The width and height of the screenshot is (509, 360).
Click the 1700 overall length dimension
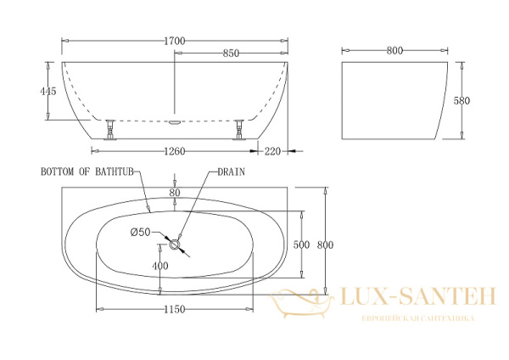click(175, 42)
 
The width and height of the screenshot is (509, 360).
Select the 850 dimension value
click(231, 53)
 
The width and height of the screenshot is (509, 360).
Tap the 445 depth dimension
click(48, 91)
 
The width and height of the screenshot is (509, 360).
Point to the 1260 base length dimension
click(175, 151)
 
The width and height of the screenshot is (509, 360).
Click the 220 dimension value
click(272, 151)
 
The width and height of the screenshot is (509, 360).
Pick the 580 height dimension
click(461, 101)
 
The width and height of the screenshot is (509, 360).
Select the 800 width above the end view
click(394, 51)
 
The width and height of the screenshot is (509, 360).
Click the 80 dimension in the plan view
click(175, 193)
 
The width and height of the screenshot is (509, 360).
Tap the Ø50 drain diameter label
click(141, 232)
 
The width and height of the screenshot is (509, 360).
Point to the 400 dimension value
click(160, 266)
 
